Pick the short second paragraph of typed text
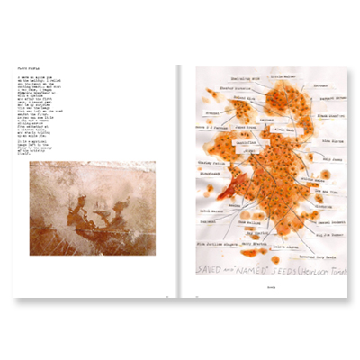tap(45, 148)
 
